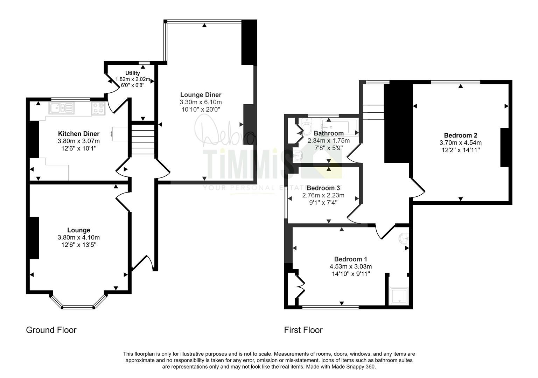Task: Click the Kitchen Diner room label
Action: pyautogui.click(x=78, y=134)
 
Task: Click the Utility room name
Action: pyautogui.click(x=133, y=73)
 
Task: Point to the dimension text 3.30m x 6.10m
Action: pyautogui.click(x=201, y=102)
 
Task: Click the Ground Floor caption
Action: pyautogui.click(x=51, y=330)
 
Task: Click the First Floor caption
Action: pyautogui.click(x=303, y=330)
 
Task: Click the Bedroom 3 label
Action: pyautogui.click(x=323, y=188)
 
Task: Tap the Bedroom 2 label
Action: pyautogui.click(x=460, y=135)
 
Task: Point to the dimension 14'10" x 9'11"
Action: pyautogui.click(x=350, y=274)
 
